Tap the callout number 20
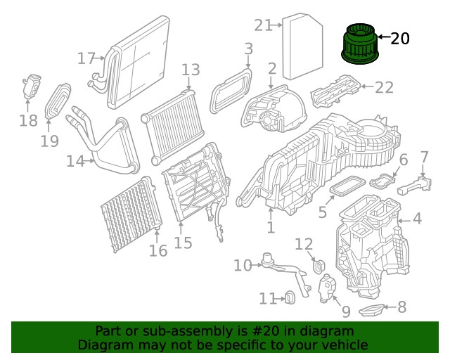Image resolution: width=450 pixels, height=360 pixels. pyautogui.click(x=399, y=39)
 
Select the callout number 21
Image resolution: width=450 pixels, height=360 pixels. pyautogui.click(x=263, y=25)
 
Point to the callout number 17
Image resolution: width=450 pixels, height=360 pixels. pyautogui.click(x=86, y=58)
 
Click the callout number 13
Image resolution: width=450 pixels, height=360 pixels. pyautogui.click(x=191, y=70)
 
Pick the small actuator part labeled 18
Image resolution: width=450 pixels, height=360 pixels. pyautogui.click(x=30, y=86)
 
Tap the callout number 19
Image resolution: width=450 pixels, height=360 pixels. pyautogui.click(x=49, y=141)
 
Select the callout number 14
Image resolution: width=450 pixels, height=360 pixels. pyautogui.click(x=75, y=161)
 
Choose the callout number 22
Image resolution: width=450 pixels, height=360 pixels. pyautogui.click(x=384, y=87)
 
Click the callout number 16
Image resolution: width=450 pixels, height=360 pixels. pyautogui.click(x=158, y=250)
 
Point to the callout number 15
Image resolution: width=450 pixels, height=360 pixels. pyautogui.click(x=183, y=243)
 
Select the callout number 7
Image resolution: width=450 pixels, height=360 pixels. pyautogui.click(x=424, y=156)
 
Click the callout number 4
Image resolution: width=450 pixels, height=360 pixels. pyautogui.click(x=417, y=219)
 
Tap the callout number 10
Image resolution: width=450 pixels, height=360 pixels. pyautogui.click(x=243, y=265)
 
